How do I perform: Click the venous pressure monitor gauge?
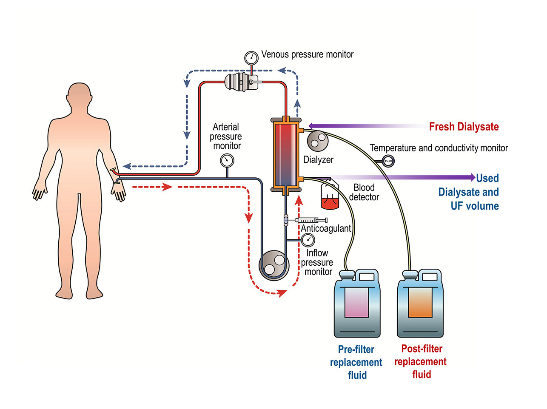pyautogui.click(x=251, y=57)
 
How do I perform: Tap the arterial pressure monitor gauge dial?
pyautogui.click(x=227, y=160)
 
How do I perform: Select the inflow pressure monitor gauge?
pyautogui.click(x=308, y=240)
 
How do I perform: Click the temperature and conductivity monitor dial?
pyautogui.click(x=388, y=161)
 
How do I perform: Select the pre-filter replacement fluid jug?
pyautogui.click(x=357, y=304)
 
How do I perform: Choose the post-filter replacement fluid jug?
pyautogui.click(x=420, y=304)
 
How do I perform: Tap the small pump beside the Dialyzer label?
pyautogui.click(x=317, y=140)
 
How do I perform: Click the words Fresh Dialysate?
pyautogui.click(x=464, y=127)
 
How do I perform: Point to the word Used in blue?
pyautogui.click(x=487, y=178)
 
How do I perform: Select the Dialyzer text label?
pyautogui.click(x=318, y=160)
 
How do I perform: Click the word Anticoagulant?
pyautogui.click(x=326, y=228)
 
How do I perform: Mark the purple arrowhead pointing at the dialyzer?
pyautogui.click(x=311, y=126)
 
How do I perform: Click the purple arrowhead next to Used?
pyautogui.click(x=472, y=178)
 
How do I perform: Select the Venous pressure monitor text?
pyautogui.click(x=307, y=54)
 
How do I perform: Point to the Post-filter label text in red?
pyautogui.click(x=422, y=349)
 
